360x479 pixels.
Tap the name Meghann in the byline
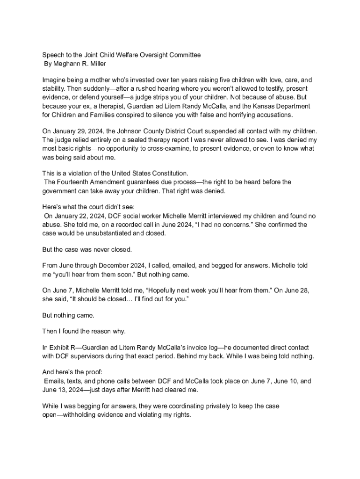coord(67,64)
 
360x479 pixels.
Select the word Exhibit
coord(60,348)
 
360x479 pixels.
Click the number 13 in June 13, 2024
coord(62,390)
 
